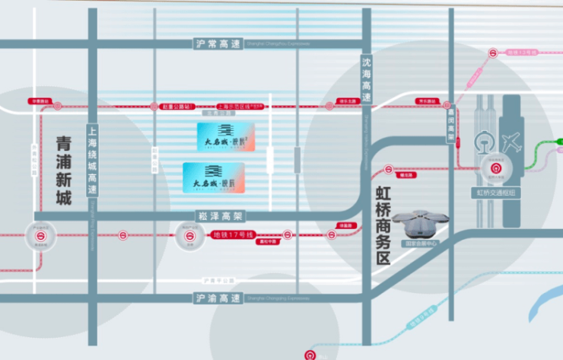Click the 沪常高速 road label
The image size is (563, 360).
[217, 43]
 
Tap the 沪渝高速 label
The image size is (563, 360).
[217, 298]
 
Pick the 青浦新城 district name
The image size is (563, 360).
[63, 170]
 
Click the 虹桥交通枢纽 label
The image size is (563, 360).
[496, 193]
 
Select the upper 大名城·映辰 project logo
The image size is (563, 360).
[224, 137]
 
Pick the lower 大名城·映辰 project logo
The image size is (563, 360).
[214, 177]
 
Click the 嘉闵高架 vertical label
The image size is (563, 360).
[450, 134]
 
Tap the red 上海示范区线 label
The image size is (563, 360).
[240, 107]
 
